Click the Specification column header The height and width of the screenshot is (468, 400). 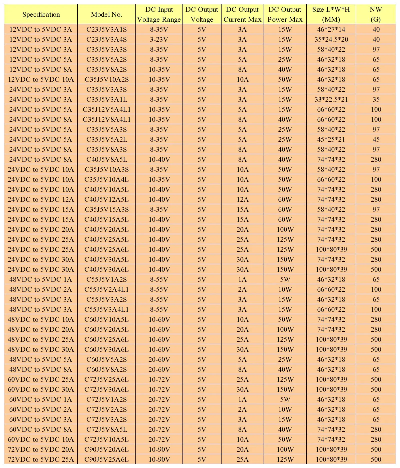tap(41, 14)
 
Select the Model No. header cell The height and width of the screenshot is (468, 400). tap(106, 14)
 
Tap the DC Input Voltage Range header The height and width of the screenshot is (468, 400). tap(159, 14)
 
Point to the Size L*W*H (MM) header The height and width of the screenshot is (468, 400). tap(331, 14)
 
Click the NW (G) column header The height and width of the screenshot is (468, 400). tap(376, 14)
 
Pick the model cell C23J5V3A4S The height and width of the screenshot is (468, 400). tap(106, 39)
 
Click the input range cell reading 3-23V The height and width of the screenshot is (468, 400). tap(159, 39)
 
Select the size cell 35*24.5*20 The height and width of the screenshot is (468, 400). tap(331, 39)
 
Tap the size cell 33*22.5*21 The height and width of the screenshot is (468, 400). tap(331, 99)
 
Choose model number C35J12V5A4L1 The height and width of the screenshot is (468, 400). tap(106, 109)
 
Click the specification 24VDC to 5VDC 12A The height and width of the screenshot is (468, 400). tap(41, 199)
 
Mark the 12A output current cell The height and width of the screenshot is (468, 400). tap(242, 199)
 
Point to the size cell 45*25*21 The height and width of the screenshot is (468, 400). tap(331, 139)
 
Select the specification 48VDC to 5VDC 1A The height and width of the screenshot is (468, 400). tap(41, 279)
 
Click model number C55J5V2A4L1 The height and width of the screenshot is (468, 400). tap(106, 289)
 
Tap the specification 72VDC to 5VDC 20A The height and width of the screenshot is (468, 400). tap(41, 449)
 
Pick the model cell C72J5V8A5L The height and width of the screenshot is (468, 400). tap(106, 429)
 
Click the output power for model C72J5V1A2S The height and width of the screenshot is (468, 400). tap(285, 399)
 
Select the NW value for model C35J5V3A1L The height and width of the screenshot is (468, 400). tap(376, 99)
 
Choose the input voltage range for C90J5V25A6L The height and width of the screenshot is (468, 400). tap(159, 459)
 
